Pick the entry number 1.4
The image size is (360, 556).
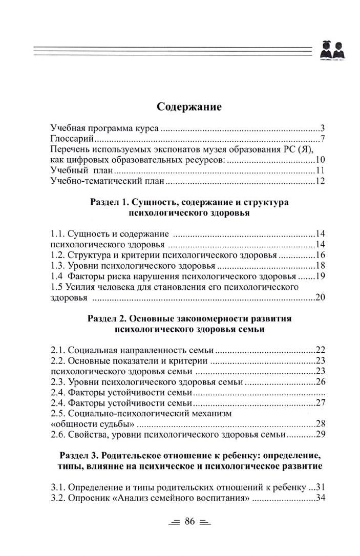pos(57,276)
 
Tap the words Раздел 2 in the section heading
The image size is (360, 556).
pos(104,318)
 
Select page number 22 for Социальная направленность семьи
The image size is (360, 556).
pos(321,350)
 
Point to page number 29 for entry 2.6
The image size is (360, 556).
pos(321,435)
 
